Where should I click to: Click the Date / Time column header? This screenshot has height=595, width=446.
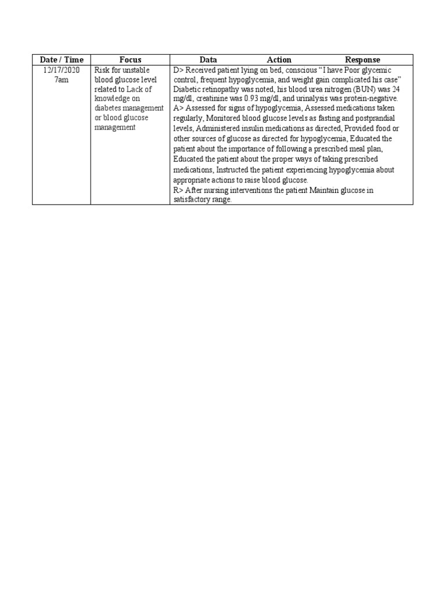[62, 60]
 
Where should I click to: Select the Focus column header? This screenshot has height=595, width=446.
[130, 60]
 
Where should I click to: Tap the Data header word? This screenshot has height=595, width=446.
[208, 60]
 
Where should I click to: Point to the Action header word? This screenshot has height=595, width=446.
[279, 60]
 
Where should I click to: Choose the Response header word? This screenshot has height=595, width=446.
[362, 60]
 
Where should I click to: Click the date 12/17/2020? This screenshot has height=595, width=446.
[62, 70]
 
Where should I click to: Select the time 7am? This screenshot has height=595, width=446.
[62, 80]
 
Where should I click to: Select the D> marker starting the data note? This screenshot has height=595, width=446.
[178, 70]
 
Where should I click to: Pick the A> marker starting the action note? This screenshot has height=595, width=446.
[178, 108]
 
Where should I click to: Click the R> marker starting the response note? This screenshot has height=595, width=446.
[178, 191]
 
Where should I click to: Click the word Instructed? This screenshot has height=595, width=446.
[236, 170]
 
